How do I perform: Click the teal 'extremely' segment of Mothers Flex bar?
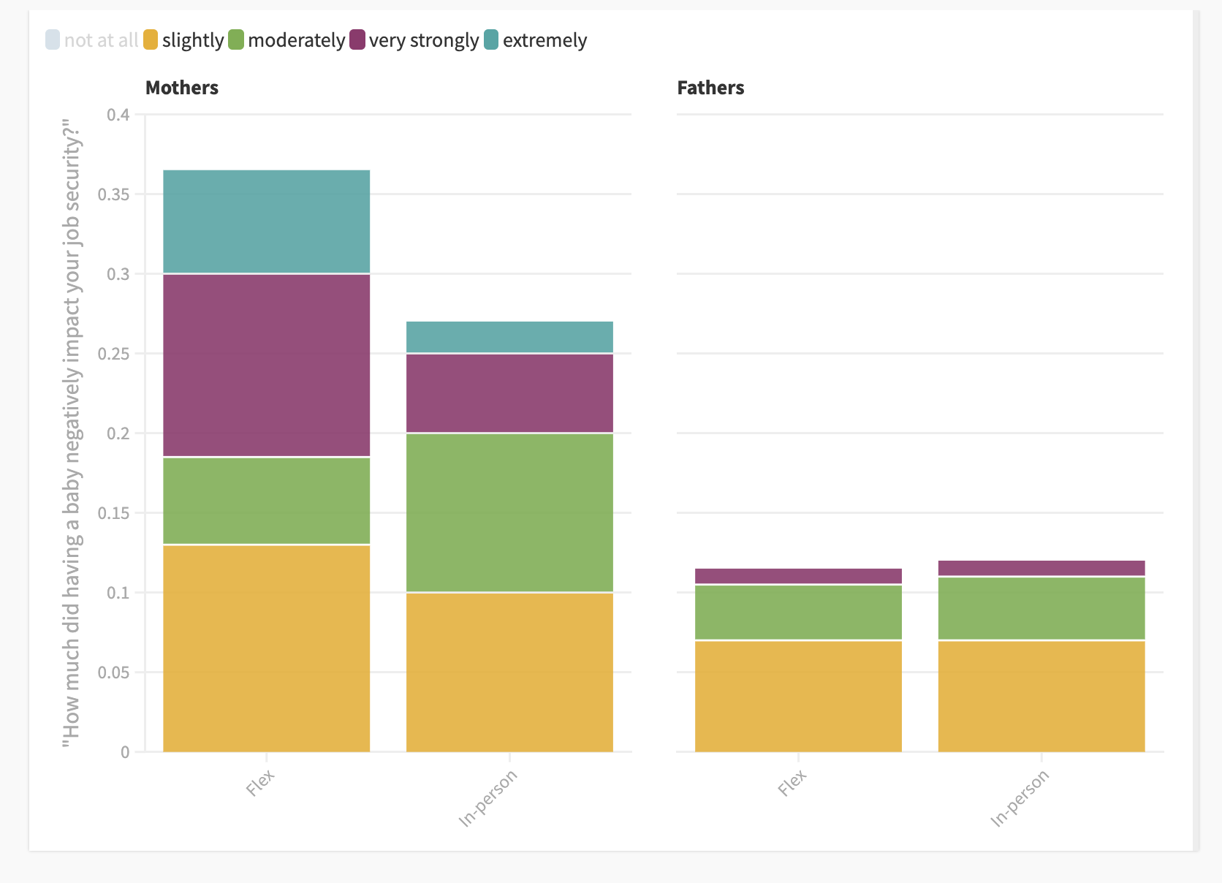(x=266, y=221)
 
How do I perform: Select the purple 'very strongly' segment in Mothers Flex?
(x=266, y=365)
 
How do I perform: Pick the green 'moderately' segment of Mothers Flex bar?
(x=266, y=501)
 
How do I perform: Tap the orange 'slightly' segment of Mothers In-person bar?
(x=509, y=672)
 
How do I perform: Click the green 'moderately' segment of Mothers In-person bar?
(x=509, y=512)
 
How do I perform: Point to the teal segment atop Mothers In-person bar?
(x=509, y=337)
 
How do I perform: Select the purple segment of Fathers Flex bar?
(x=798, y=576)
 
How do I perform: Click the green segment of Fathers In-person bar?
(x=1041, y=608)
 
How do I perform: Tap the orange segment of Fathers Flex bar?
(x=798, y=696)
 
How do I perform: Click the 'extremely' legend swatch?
(x=491, y=39)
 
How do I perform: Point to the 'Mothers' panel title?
(x=182, y=88)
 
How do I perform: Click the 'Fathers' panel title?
(x=710, y=88)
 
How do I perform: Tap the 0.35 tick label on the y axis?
(x=113, y=194)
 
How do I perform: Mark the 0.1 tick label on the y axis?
(x=118, y=593)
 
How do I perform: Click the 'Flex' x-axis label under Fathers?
(x=792, y=783)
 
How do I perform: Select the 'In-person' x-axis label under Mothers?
(x=488, y=798)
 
